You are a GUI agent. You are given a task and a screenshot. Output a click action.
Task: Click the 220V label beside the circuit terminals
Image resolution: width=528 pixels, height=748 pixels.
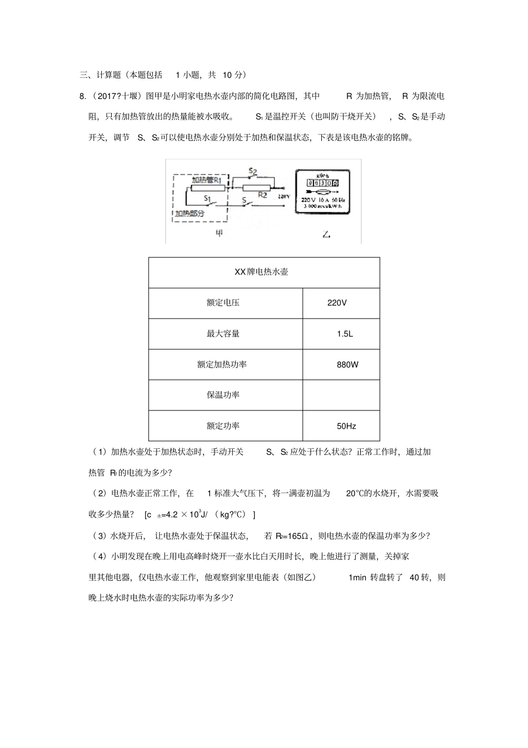(283, 196)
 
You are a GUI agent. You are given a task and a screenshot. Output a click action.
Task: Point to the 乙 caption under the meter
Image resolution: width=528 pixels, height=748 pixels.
(326, 234)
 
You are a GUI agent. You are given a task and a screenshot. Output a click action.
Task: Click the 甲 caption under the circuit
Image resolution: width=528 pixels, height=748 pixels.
(219, 234)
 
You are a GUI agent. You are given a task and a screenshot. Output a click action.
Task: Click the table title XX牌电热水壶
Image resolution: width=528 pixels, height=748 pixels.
(261, 272)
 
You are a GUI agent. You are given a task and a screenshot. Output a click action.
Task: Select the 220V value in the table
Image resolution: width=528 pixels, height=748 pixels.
(337, 303)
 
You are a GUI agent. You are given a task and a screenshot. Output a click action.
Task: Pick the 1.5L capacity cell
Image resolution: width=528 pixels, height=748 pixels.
(345, 334)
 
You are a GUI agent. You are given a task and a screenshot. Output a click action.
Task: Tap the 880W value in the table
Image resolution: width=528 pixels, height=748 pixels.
(347, 365)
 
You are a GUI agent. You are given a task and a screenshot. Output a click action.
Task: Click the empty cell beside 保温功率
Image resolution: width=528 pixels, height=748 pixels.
(341, 395)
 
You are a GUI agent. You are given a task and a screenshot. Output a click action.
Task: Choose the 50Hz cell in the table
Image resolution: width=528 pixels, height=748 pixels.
(346, 426)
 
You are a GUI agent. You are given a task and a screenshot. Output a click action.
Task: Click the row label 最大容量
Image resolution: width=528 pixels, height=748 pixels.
(223, 334)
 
